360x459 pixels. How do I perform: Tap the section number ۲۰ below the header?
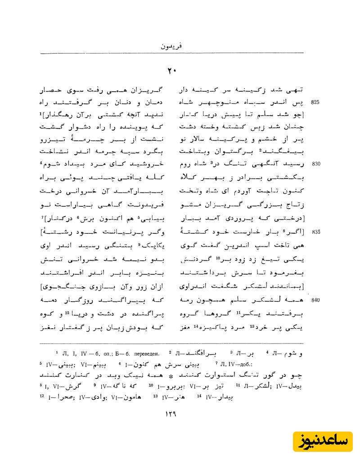coord(173,71)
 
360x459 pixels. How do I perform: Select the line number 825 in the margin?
coord(315,102)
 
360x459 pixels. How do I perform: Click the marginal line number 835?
coord(315,232)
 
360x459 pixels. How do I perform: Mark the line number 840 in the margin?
coord(315,300)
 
